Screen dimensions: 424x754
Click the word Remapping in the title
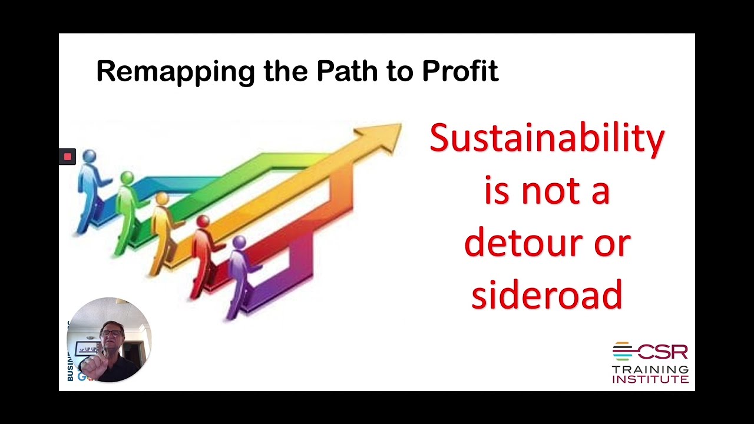(x=176, y=72)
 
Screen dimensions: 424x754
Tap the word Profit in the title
(x=460, y=72)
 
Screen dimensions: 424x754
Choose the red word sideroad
(x=547, y=294)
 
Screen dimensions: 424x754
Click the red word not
(x=547, y=191)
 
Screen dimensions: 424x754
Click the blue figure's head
(x=90, y=157)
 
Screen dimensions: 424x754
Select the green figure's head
(x=127, y=177)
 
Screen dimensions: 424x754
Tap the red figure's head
(x=203, y=221)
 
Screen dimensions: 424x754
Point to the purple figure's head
(x=239, y=242)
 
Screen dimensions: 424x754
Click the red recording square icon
(x=67, y=157)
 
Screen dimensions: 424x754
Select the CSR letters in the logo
(x=662, y=352)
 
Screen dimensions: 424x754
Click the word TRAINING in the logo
(x=650, y=369)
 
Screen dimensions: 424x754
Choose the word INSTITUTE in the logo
(x=650, y=379)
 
